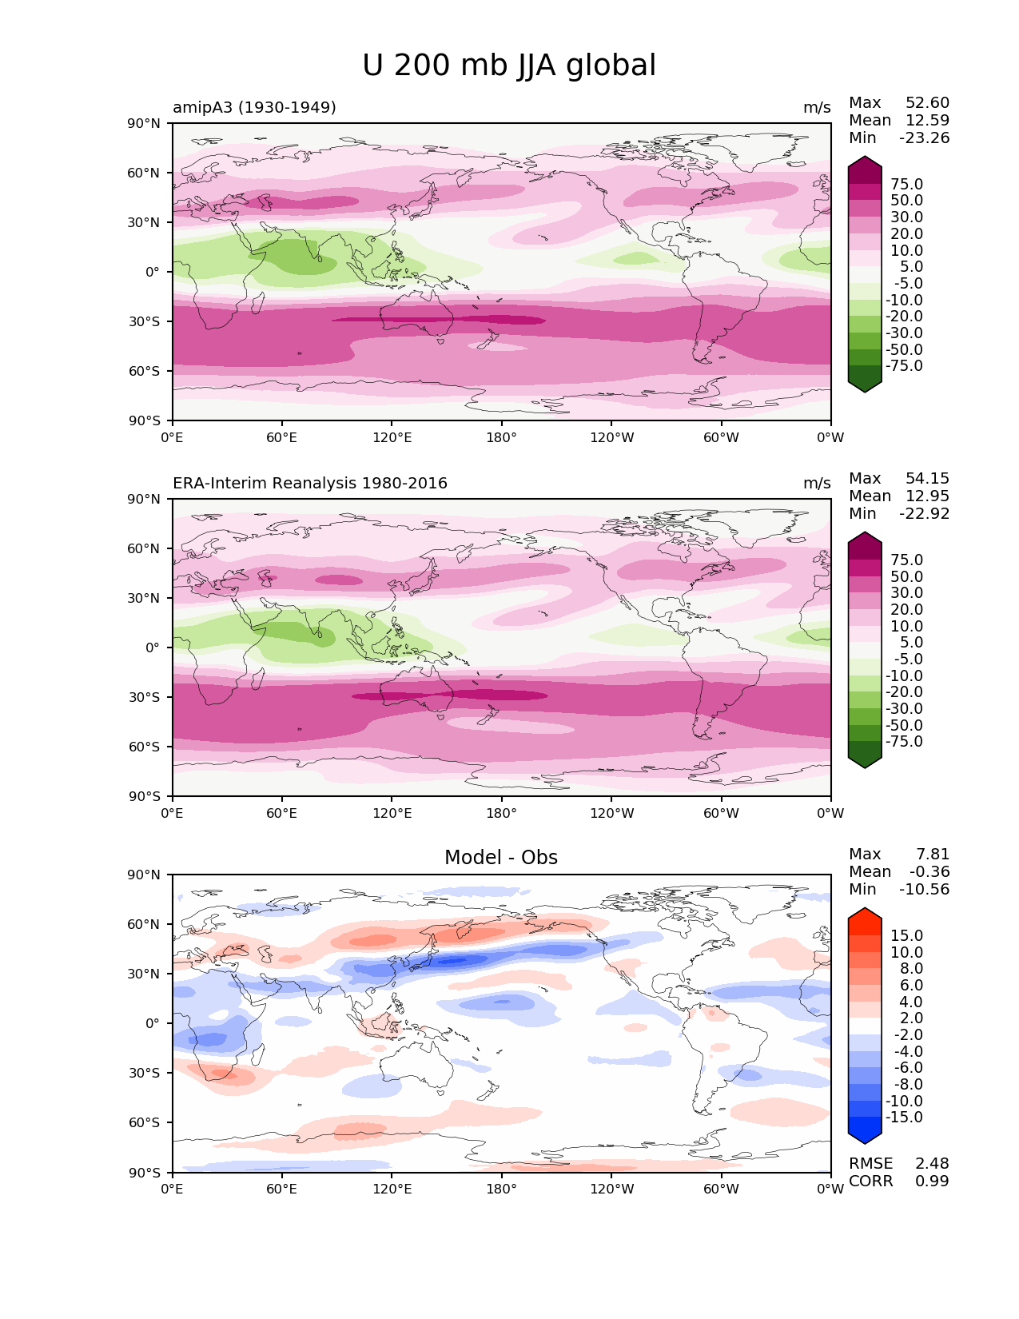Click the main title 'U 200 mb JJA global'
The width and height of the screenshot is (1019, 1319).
[x=509, y=66]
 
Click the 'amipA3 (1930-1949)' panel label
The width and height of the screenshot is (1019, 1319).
[x=254, y=107]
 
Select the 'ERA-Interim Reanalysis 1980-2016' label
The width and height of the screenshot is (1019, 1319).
[x=310, y=483]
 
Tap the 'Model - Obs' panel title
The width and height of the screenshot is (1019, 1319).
[x=501, y=858]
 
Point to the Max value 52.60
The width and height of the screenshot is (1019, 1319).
[x=927, y=103]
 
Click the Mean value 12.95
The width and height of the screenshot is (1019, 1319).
[x=927, y=496]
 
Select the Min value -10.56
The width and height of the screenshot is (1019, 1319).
[x=925, y=889]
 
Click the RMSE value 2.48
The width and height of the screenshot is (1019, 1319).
[x=932, y=1163]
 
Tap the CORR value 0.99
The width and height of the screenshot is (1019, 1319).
[x=932, y=1181]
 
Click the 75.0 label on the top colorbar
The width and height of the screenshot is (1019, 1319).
[x=906, y=184]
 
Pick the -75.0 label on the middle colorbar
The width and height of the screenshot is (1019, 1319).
[x=904, y=741]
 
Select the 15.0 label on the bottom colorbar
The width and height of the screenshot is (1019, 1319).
[x=906, y=935]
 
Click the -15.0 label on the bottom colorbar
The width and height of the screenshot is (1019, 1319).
[x=904, y=1117]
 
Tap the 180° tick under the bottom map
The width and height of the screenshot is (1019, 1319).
[x=501, y=1189]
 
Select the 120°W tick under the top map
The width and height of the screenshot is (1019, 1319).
[x=611, y=437]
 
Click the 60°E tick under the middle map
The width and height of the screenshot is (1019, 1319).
[x=282, y=813]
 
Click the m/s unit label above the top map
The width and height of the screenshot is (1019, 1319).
[x=817, y=107]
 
